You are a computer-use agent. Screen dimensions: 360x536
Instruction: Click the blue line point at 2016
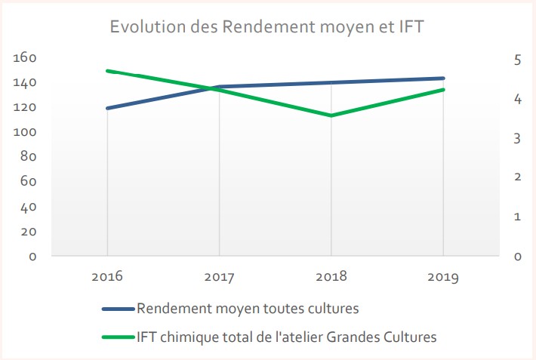(107, 108)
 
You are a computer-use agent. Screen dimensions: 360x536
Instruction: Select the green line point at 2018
(331, 115)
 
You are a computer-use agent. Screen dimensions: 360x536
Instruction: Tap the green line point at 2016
(107, 71)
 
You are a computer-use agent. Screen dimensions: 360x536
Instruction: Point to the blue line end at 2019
(443, 78)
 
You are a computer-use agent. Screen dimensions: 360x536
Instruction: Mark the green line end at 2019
(443, 90)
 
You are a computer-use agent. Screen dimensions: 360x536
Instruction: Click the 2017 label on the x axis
(219, 276)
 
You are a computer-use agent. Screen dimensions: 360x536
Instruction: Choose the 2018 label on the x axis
(331, 276)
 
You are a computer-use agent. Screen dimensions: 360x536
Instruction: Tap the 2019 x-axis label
(443, 276)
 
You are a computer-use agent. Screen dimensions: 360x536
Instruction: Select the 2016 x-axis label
(107, 276)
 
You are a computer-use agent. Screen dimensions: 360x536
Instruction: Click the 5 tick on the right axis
(518, 60)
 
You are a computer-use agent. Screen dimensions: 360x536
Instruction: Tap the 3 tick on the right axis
(518, 138)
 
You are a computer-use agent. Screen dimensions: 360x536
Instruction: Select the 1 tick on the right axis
(518, 217)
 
